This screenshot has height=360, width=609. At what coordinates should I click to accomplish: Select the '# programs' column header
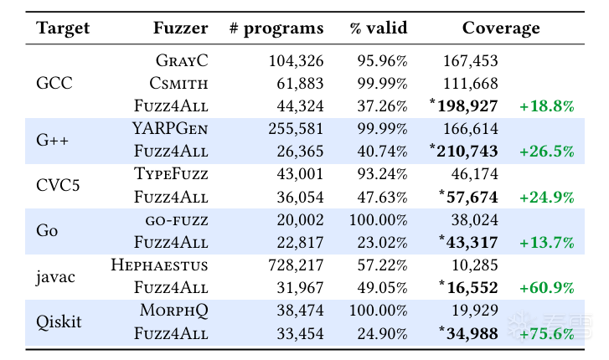(x=276, y=28)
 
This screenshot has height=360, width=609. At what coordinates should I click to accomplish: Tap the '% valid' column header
(x=379, y=28)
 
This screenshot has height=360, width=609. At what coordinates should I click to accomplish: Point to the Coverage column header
(x=501, y=28)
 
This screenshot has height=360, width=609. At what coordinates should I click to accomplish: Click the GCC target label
(x=55, y=83)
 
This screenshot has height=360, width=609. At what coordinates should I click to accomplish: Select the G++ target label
(x=52, y=140)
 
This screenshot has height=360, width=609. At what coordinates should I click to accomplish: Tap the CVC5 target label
(x=59, y=185)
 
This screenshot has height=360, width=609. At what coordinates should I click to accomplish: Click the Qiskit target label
(x=59, y=322)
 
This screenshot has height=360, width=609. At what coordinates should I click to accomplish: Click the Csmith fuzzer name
(x=178, y=83)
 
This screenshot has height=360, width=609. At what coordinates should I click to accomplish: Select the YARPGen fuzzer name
(x=170, y=128)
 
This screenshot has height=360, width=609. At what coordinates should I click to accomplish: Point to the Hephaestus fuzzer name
(x=159, y=265)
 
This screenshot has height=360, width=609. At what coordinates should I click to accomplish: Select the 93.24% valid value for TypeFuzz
(x=382, y=174)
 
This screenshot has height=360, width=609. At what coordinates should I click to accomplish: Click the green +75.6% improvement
(x=546, y=333)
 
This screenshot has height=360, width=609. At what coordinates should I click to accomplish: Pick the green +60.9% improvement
(x=546, y=288)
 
